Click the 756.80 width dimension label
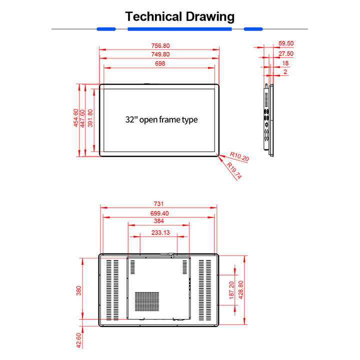click(x=160, y=45)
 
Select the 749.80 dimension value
click(x=160, y=54)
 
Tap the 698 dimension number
click(x=160, y=63)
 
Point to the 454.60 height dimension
click(x=76, y=118)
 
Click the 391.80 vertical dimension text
click(x=90, y=118)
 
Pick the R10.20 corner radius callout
click(x=239, y=156)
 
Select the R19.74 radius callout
click(x=234, y=170)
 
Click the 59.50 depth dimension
click(x=286, y=43)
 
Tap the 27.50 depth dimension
click(x=286, y=53)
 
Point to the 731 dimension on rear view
click(x=158, y=204)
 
